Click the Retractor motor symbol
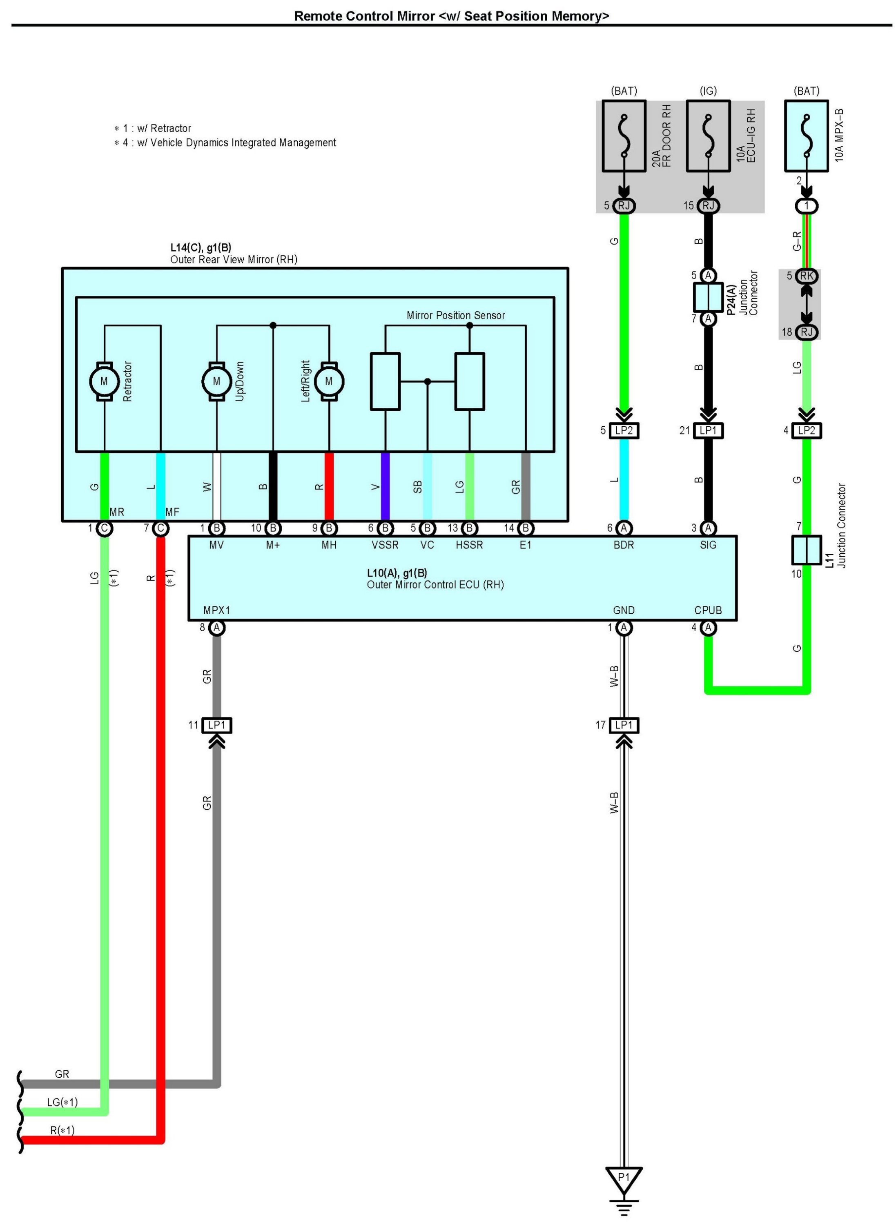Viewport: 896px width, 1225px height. click(x=104, y=381)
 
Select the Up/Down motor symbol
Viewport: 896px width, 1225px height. click(x=216, y=381)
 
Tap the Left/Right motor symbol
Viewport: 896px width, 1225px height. click(x=329, y=381)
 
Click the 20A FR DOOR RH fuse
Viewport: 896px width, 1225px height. click(x=624, y=136)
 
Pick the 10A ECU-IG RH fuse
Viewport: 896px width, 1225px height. click(x=708, y=136)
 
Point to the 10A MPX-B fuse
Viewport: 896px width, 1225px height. click(x=807, y=136)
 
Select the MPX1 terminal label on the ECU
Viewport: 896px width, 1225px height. click(x=216, y=610)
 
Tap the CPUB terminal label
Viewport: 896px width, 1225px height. click(x=708, y=610)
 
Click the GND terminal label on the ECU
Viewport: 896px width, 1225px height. click(x=624, y=610)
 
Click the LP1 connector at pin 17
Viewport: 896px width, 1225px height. click(x=624, y=725)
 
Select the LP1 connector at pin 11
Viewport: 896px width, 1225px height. click(x=216, y=725)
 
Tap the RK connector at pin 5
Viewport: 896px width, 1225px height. click(x=807, y=276)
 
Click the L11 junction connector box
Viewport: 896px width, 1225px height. click(x=807, y=550)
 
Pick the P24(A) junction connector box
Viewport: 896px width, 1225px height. click(x=708, y=297)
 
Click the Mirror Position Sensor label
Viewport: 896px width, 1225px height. click(x=456, y=316)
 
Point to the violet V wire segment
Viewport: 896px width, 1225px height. click(x=385, y=486)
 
